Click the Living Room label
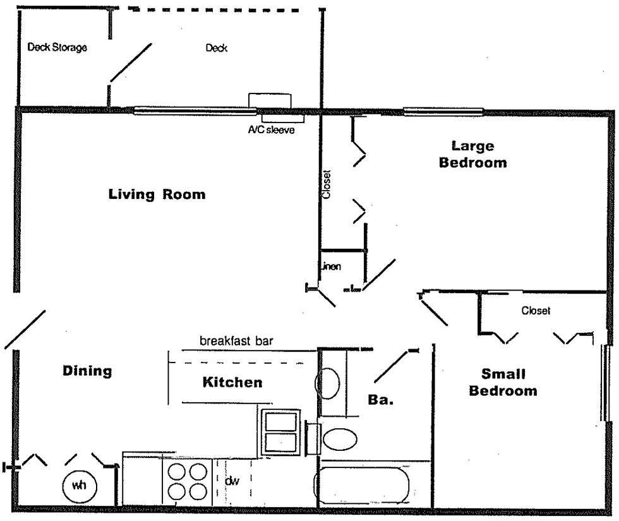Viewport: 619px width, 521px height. [x=157, y=194]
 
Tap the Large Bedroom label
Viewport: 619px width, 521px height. [x=472, y=154]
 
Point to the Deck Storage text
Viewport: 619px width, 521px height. [x=57, y=48]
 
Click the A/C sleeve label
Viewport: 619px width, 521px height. [x=271, y=131]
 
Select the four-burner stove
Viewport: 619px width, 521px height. [x=186, y=481]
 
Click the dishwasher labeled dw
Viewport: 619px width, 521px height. [x=232, y=481]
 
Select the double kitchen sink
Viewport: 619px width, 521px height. [x=279, y=432]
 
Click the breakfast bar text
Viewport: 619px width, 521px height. [x=236, y=341]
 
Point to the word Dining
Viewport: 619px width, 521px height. [x=87, y=371]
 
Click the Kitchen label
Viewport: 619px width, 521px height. [x=232, y=382]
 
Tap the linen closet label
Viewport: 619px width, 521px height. [x=332, y=266]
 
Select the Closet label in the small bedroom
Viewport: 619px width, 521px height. [x=536, y=311]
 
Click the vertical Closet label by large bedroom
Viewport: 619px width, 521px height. [x=327, y=184]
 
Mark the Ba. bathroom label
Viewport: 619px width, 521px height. [x=381, y=400]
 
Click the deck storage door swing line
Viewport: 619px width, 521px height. [x=131, y=63]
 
